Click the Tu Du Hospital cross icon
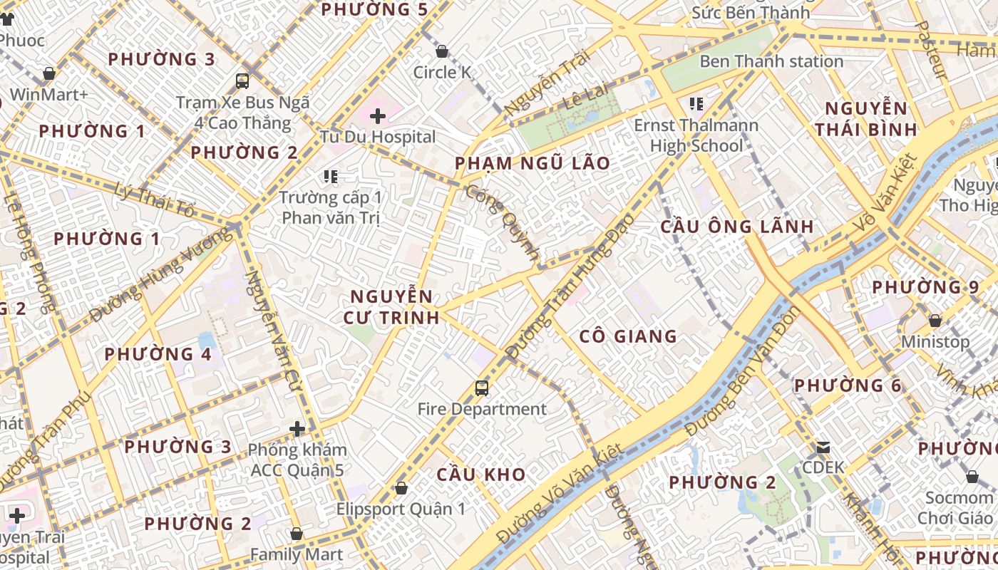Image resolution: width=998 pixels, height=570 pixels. pyautogui.click(x=378, y=116)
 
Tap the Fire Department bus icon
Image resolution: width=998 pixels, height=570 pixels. pyautogui.click(x=482, y=388)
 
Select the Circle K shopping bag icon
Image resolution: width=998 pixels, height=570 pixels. pyautogui.click(x=442, y=51)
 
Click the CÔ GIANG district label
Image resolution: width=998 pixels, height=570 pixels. pyautogui.click(x=628, y=336)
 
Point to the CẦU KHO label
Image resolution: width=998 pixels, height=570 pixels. pyautogui.click(x=481, y=475)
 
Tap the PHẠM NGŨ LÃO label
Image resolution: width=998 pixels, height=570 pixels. pyautogui.click(x=533, y=163)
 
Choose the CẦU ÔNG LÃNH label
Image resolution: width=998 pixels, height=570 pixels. pyautogui.click(x=736, y=227)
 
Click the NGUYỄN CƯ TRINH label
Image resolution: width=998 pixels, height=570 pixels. pyautogui.click(x=391, y=307)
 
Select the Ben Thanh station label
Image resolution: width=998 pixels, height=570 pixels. pyautogui.click(x=771, y=61)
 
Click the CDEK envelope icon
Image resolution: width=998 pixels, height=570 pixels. pyautogui.click(x=823, y=447)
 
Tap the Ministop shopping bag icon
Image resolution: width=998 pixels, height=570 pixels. pyautogui.click(x=935, y=321)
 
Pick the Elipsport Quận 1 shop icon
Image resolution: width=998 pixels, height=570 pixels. pyautogui.click(x=401, y=489)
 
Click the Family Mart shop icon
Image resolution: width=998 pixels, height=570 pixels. pyautogui.click(x=297, y=534)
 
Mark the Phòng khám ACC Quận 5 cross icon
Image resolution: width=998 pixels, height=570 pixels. pyautogui.click(x=297, y=429)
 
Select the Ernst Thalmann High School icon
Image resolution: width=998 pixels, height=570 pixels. pyautogui.click(x=696, y=105)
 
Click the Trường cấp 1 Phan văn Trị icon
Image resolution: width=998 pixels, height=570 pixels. pyautogui.click(x=330, y=176)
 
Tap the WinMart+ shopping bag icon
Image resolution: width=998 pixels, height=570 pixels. pyautogui.click(x=49, y=73)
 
